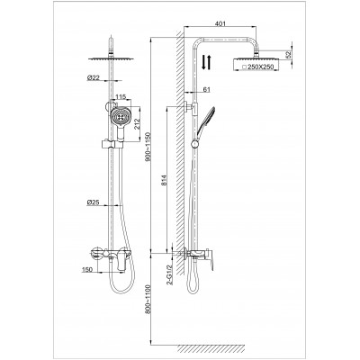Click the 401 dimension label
click(x=220, y=23)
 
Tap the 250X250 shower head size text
click(x=260, y=67)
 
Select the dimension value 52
click(x=289, y=55)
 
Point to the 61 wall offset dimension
click(x=207, y=89)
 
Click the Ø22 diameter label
click(x=93, y=77)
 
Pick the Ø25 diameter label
click(x=93, y=202)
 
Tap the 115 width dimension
click(x=121, y=96)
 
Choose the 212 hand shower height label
click(x=136, y=123)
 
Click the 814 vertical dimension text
click(x=164, y=180)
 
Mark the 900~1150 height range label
click(x=148, y=147)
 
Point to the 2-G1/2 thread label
click(x=170, y=274)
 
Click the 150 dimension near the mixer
click(x=86, y=269)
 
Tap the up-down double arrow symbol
click(x=206, y=62)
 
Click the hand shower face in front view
click(x=120, y=117)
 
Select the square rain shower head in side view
click(x=256, y=64)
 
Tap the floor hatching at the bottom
click(x=211, y=348)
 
